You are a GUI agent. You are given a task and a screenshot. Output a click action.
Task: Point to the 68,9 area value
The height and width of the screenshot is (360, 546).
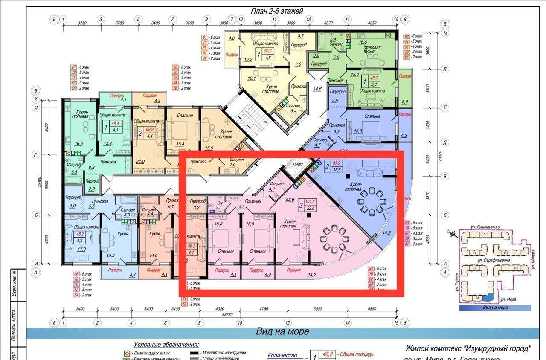(150, 129)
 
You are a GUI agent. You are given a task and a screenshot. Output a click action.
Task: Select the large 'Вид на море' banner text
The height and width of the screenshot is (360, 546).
(282, 331)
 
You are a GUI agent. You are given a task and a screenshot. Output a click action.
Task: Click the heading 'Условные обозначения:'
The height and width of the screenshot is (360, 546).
(166, 345)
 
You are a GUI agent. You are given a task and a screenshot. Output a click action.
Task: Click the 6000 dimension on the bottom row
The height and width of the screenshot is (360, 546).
(317, 308)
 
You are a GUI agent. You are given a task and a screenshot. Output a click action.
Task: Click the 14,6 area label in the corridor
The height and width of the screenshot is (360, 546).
(317, 89)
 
